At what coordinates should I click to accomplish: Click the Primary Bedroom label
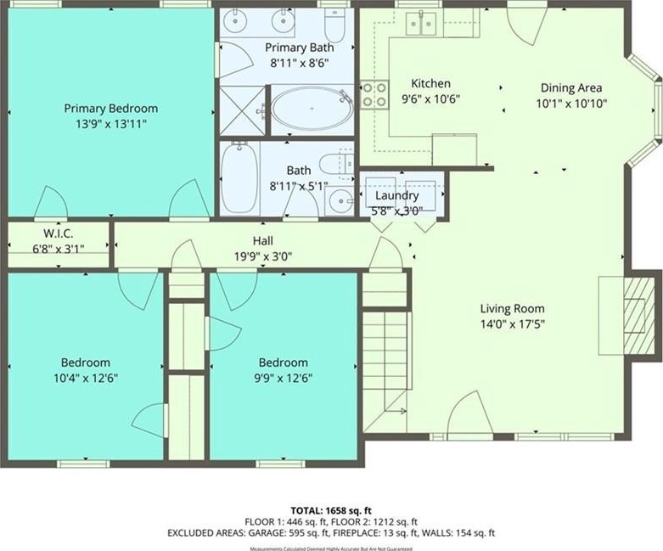pos(110,109)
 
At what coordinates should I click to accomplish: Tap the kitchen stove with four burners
pos(374,95)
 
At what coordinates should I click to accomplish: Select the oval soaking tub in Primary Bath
pos(312,109)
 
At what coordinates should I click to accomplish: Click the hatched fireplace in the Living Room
pos(638,316)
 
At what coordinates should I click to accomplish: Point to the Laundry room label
pos(396,195)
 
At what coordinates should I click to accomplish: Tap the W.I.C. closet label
pos(58,233)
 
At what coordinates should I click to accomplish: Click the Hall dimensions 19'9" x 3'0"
pos(263,256)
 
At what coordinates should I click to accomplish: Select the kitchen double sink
pos(421,24)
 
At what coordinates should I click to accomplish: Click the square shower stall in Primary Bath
pos(242,110)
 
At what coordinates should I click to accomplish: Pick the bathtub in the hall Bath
pos(239,177)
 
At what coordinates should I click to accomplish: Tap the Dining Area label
pos(571,88)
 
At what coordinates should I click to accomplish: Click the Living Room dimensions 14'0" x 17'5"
pos(512,324)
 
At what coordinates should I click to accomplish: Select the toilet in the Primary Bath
pos(335,25)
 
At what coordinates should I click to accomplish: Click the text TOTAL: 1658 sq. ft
pos(331,510)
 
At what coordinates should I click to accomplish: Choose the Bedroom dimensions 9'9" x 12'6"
pos(283,378)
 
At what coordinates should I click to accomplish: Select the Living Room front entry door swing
pos(469,412)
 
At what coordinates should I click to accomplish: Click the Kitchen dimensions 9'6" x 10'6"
pos(430,99)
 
